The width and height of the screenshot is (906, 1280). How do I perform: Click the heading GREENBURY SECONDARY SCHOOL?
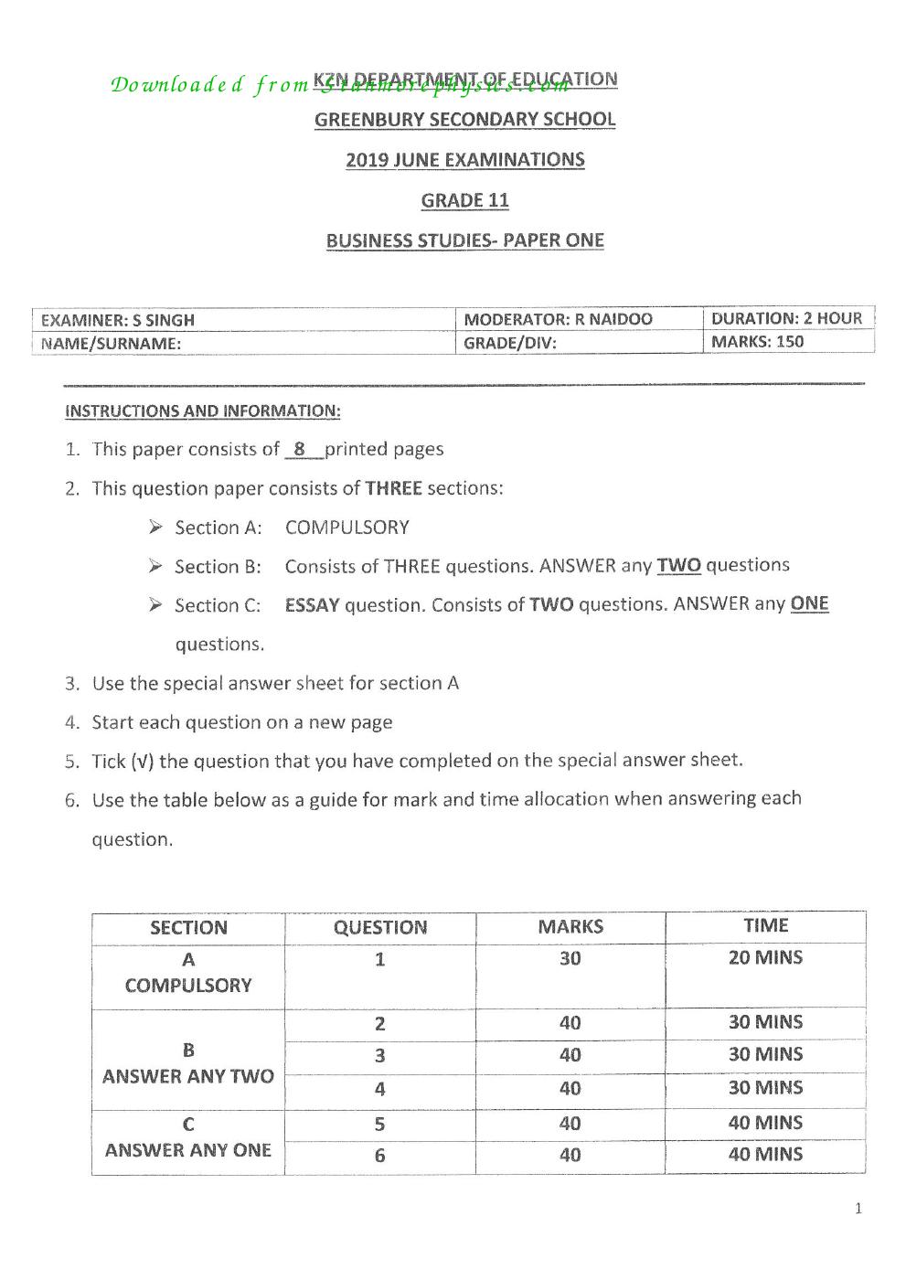[464, 120]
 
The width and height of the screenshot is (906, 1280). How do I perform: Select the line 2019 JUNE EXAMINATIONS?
[464, 160]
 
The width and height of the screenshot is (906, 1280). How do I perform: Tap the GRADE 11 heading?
[464, 200]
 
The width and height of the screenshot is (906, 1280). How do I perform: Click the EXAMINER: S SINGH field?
[118, 320]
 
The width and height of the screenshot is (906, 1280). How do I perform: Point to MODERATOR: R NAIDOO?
[558, 319]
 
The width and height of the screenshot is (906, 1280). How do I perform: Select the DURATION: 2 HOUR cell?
[786, 318]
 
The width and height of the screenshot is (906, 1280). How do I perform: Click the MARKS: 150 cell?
[757, 342]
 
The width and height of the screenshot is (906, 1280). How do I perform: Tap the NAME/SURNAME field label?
[111, 344]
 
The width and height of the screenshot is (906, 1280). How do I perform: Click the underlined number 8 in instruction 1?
[300, 449]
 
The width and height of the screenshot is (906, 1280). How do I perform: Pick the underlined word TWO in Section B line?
[678, 565]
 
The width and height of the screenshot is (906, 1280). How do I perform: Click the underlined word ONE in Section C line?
[809, 603]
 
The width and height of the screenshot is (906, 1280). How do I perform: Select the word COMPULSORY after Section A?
[346, 528]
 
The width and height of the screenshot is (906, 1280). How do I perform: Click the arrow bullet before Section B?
[156, 566]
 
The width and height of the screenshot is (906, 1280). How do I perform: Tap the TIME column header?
[765, 925]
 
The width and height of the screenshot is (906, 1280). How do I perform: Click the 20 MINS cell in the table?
[765, 958]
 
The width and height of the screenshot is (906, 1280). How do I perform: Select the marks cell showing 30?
[570, 958]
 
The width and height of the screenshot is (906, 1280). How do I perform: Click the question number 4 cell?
[379, 1089]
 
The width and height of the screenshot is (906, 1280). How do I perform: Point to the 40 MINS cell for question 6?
[765, 1154]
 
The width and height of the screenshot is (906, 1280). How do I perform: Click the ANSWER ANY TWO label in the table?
[188, 1076]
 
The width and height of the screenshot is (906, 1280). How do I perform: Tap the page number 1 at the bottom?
[858, 1209]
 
